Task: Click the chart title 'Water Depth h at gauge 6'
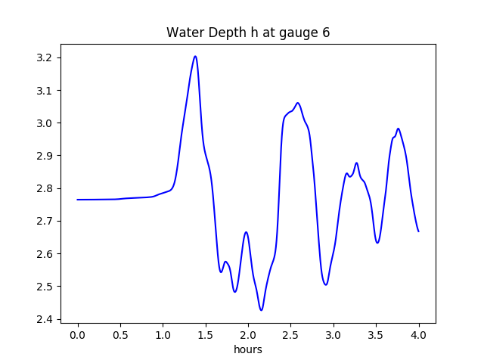pyautogui.click(x=248, y=33)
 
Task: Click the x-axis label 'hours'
pyautogui.click(x=248, y=350)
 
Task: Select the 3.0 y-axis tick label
pyautogui.click(x=47, y=123)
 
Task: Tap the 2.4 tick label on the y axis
pyautogui.click(x=47, y=319)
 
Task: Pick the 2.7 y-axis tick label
pyautogui.click(x=47, y=222)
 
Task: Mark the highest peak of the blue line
pyautogui.click(x=195, y=56)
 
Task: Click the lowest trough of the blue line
pyautogui.click(x=261, y=310)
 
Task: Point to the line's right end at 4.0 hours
pyautogui.click(x=418, y=231)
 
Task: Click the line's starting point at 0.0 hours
pyautogui.click(x=78, y=200)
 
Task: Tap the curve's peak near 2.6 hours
pyautogui.click(x=298, y=103)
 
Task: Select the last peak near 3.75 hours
pyautogui.click(x=398, y=129)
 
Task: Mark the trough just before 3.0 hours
pyautogui.click(x=325, y=284)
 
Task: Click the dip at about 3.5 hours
pyautogui.click(x=377, y=242)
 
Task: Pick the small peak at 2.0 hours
pyautogui.click(x=246, y=232)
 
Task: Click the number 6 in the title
pyautogui.click(x=326, y=33)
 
